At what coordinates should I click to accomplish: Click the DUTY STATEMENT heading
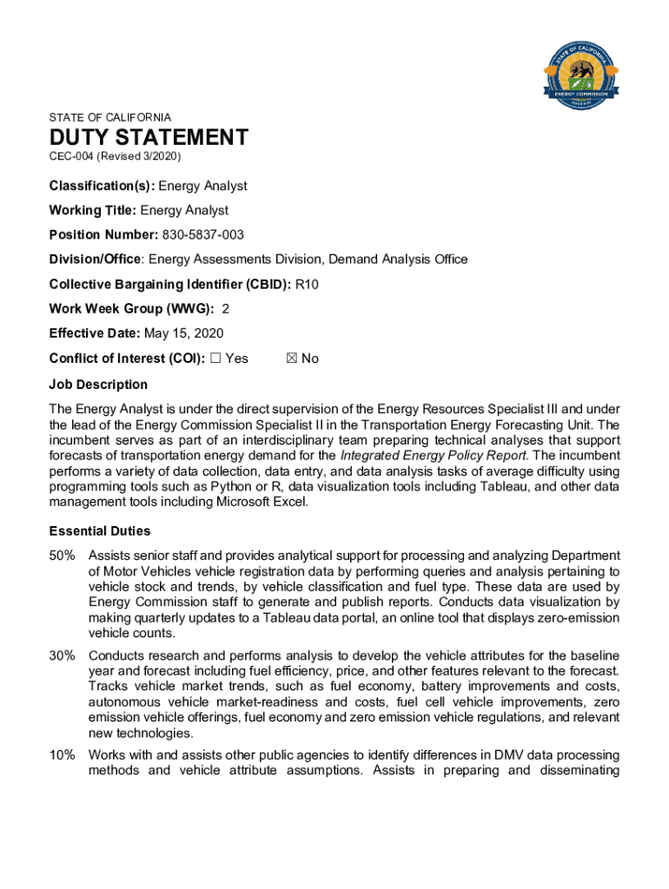(149, 137)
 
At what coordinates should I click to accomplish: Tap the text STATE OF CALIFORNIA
(110, 117)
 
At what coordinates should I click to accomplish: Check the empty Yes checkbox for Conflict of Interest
(216, 359)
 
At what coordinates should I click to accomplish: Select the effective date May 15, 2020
(183, 333)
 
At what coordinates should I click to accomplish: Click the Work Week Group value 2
(226, 309)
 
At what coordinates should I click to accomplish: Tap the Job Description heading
(98, 385)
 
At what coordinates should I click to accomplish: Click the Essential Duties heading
(100, 530)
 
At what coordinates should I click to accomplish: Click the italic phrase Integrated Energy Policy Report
(433, 455)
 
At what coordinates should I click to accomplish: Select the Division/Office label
(96, 260)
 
